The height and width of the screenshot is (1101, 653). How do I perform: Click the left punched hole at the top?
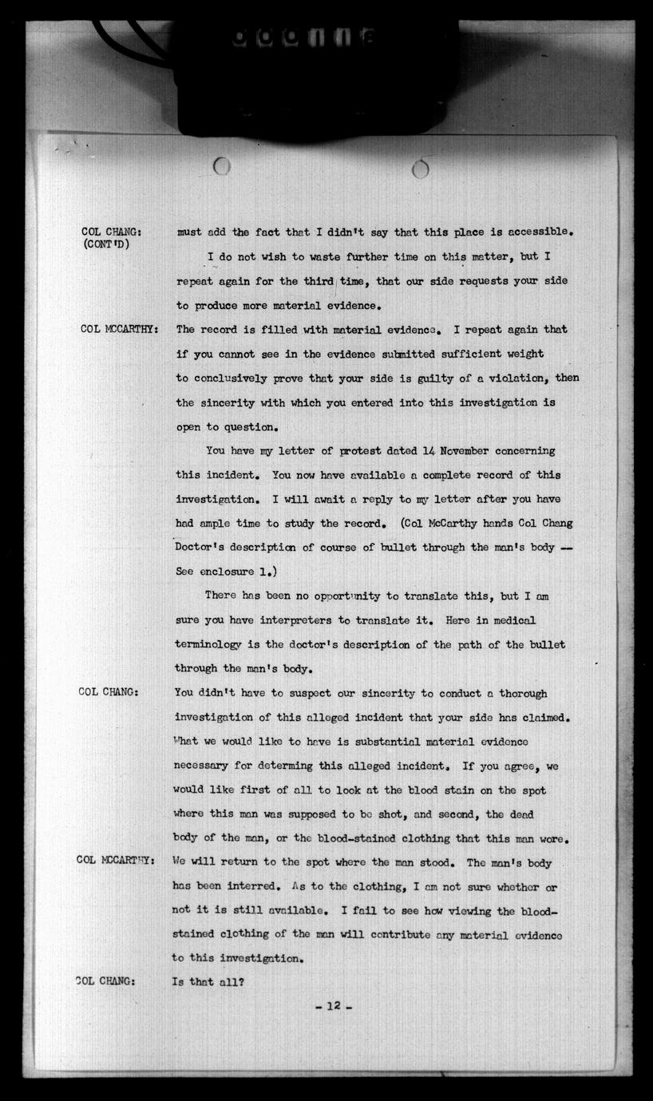tap(223, 166)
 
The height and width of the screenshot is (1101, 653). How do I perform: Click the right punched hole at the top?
tap(421, 168)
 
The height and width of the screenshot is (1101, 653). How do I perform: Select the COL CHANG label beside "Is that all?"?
tap(105, 981)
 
